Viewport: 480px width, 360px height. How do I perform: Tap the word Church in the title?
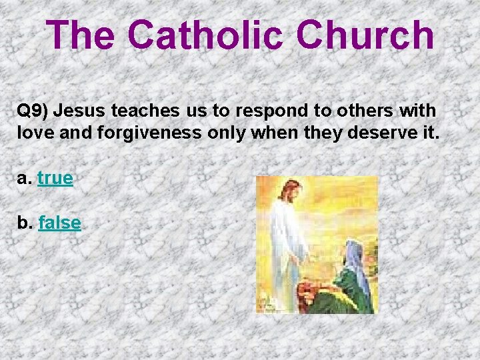pos(366,35)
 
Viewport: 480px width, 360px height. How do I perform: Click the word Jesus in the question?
pos(86,111)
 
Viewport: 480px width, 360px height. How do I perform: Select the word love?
pos(35,132)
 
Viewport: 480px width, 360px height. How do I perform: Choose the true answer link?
pos(55,179)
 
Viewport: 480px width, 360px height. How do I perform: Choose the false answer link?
pos(59,223)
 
